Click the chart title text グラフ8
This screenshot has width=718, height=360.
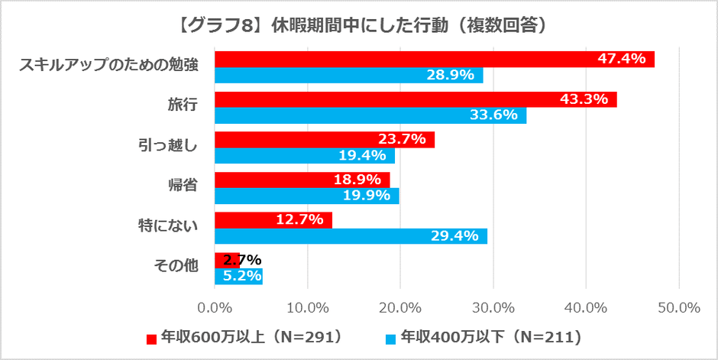point(358,24)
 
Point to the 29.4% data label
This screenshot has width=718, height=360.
point(459,236)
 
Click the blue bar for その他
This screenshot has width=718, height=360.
point(238,276)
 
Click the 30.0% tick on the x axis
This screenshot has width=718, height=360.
point(493,307)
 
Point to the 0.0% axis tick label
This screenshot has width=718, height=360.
point(215,307)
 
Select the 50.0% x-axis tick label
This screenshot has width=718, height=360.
point(679,307)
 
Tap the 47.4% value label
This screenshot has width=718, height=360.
point(626,59)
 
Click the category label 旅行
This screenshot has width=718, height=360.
point(183,106)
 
